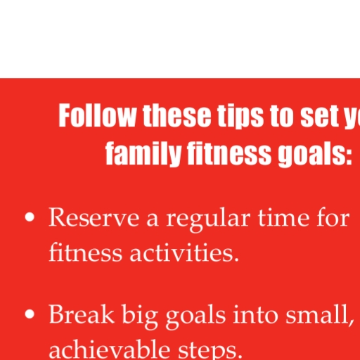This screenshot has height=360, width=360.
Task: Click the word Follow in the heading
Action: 97,115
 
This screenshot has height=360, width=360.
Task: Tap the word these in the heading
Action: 177,115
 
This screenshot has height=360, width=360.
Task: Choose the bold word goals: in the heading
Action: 315,154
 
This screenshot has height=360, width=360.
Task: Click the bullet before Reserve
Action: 30,217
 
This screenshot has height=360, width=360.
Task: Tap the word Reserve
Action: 94,217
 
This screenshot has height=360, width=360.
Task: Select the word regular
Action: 208,219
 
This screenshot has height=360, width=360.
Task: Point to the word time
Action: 283,217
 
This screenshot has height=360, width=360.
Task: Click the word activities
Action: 184,252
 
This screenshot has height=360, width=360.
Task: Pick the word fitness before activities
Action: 86,252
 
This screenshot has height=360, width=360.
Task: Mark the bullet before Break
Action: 30,314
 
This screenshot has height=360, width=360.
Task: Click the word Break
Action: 82,314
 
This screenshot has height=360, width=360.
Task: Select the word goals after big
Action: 195,316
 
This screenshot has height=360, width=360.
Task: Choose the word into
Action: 255,314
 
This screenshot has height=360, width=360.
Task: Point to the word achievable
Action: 110,349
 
